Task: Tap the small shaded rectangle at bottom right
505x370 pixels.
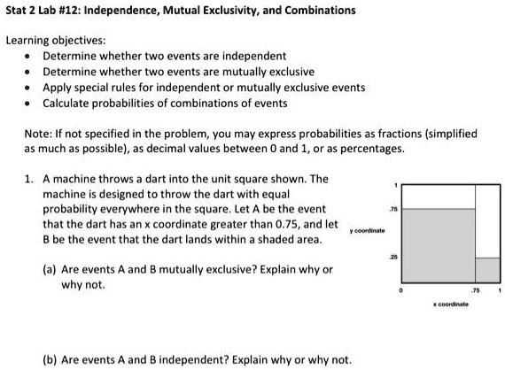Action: (488, 270)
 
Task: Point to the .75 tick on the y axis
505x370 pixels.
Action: (392, 210)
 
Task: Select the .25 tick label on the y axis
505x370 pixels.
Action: (392, 258)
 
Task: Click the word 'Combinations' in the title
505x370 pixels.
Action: (319, 11)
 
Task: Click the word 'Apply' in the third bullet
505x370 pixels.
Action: (58, 87)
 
